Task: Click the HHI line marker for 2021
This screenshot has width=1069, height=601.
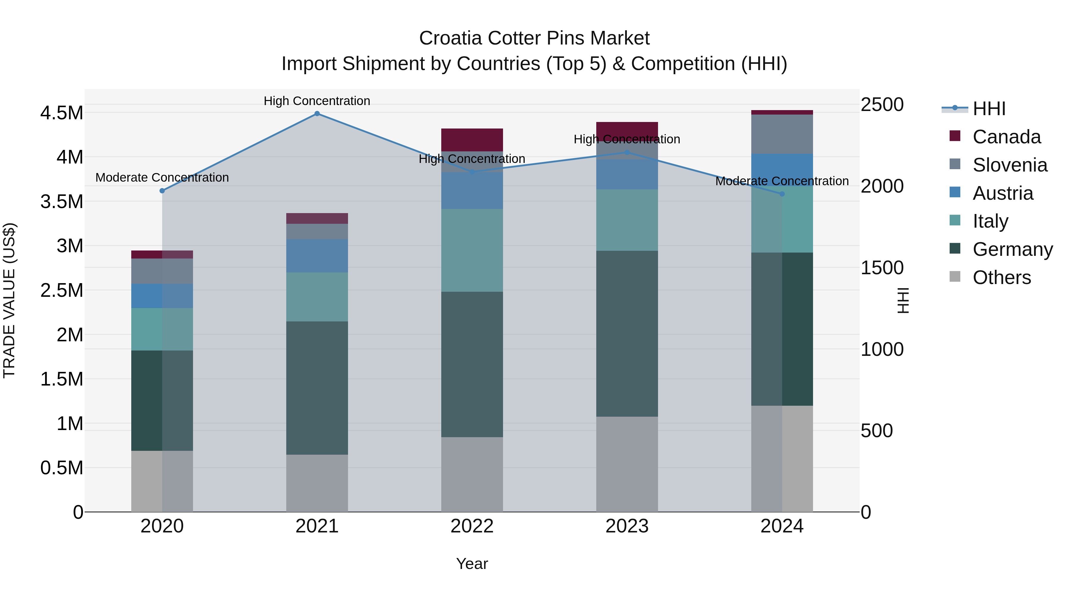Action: point(317,114)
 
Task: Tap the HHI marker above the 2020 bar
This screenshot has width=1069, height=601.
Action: point(162,191)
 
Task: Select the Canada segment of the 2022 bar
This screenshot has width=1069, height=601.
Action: point(472,140)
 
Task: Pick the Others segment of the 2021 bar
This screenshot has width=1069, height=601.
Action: point(317,483)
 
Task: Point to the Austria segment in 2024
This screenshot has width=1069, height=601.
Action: point(782,170)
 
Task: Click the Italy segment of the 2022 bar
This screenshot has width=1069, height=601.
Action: point(472,250)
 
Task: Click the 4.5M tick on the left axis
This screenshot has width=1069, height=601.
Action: point(61,113)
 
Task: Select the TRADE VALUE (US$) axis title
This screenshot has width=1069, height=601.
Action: point(9,300)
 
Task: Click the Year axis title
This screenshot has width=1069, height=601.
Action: point(472,564)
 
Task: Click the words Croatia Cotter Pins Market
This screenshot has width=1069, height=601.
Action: point(534,38)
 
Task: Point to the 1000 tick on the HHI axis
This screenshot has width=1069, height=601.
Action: point(882,349)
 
